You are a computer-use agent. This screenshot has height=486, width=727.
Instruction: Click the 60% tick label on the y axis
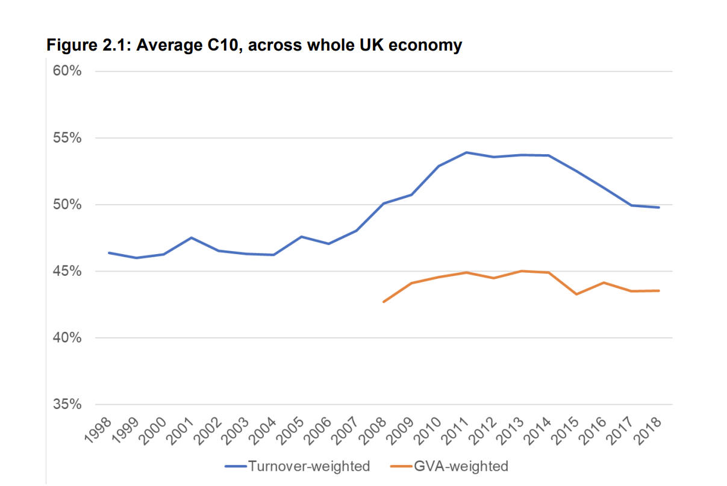coord(67,70)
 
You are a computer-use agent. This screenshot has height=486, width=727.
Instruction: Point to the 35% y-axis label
coord(67,404)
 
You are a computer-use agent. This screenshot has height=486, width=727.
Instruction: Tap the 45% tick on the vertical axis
coord(67,271)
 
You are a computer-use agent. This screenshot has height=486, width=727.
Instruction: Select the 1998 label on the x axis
coord(98,431)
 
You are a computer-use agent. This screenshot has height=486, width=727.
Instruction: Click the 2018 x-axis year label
coord(648,431)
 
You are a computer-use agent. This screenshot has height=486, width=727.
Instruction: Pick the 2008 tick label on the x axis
coord(373,431)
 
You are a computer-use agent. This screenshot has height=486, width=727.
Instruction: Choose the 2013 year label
coord(511,431)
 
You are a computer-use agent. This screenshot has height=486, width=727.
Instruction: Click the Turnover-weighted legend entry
coord(298,466)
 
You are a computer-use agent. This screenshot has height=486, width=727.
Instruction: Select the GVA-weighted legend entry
coord(449,466)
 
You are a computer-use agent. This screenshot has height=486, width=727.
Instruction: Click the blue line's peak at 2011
coord(466,152)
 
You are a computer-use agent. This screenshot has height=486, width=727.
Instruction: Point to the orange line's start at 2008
coord(384,302)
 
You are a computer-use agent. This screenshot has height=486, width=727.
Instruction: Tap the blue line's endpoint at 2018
coord(659,207)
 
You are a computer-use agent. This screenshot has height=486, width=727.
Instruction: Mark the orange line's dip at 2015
coord(576,294)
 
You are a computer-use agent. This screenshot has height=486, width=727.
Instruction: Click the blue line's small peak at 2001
coord(192,237)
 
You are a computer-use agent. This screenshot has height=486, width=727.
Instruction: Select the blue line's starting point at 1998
coord(109,253)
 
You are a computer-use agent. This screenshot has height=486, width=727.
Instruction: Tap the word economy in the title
coord(425,45)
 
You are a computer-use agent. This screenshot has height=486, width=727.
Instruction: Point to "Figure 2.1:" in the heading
coord(89,45)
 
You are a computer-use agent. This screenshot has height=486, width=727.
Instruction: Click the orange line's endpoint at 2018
coord(659,291)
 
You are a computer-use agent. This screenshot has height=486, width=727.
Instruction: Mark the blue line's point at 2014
coord(549,155)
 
